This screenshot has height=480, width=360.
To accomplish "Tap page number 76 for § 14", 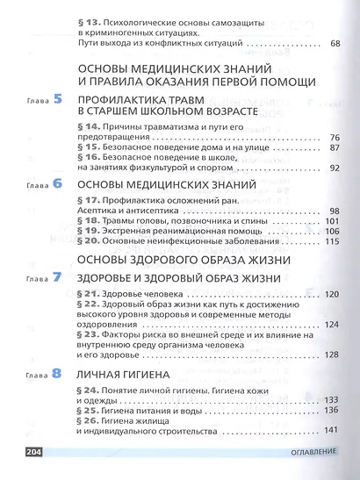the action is point(334,138).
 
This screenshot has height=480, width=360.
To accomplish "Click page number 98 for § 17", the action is point(334,211).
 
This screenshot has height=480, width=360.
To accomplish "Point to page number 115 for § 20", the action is point(331,241).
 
